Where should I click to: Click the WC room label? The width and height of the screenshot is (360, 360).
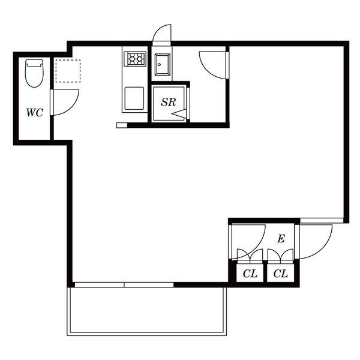click(x=35, y=113)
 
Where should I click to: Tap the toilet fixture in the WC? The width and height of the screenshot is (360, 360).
click(x=34, y=73)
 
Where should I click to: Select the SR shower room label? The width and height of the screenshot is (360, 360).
click(x=168, y=102)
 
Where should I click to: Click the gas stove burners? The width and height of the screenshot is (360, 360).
click(x=135, y=59)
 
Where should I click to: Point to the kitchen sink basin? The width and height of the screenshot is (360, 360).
click(x=134, y=98)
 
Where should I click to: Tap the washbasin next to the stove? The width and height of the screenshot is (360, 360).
click(x=163, y=65)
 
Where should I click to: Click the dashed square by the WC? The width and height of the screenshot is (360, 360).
click(x=68, y=71)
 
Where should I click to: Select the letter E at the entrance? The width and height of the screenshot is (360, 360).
click(x=281, y=239)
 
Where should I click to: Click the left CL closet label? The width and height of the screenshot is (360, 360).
click(x=250, y=274)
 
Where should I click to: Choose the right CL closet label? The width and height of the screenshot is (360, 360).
click(x=281, y=274)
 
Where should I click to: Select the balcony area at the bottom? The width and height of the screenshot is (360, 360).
click(x=147, y=311)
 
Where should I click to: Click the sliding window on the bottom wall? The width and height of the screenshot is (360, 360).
click(x=124, y=284)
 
